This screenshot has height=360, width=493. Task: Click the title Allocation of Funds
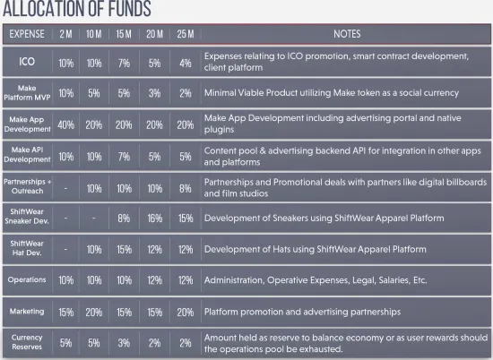click(77, 9)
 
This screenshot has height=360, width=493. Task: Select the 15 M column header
click(124, 34)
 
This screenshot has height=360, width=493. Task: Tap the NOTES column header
click(347, 34)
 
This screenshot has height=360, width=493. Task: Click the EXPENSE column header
click(27, 34)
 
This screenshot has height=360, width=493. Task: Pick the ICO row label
click(27, 61)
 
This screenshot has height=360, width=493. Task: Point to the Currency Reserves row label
click(27, 342)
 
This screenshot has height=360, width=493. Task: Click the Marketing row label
click(27, 312)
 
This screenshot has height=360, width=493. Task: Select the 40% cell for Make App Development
click(66, 125)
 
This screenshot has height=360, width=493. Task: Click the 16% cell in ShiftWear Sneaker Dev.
click(155, 219)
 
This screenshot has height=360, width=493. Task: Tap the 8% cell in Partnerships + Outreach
click(186, 188)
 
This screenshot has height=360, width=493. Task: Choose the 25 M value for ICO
click(186, 64)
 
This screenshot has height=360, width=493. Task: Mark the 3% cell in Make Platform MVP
click(155, 93)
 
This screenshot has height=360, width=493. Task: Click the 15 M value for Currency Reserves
click(124, 343)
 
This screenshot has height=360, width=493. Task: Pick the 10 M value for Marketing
click(94, 313)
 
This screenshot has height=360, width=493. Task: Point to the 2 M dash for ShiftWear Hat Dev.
click(65, 250)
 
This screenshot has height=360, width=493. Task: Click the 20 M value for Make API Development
click(155, 157)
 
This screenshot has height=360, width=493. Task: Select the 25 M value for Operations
click(186, 280)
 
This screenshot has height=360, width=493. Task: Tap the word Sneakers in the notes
click(290, 218)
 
